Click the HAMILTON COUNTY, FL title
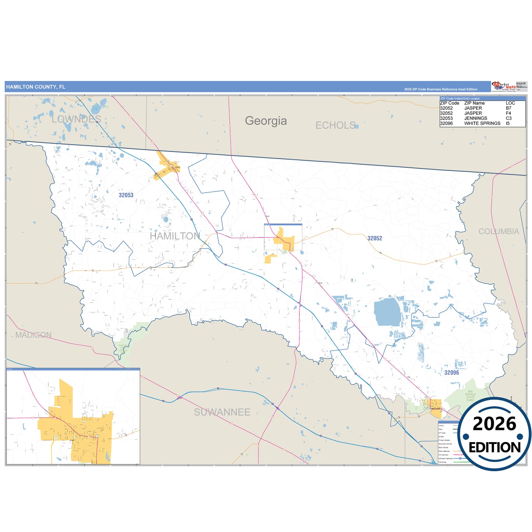36,87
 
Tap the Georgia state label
266,121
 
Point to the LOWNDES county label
76,119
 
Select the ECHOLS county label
335,126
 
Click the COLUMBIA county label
499,232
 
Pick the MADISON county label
34,335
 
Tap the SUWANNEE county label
222,412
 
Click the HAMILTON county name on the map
175,236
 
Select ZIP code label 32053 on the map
126,195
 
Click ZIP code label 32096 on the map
451,373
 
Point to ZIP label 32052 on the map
375,238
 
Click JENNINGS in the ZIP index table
476,118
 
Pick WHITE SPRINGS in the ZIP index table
482,123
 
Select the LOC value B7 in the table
508,108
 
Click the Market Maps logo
503,87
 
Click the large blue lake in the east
387,312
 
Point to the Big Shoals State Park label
470,396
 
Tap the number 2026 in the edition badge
494,424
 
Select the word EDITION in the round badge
494,447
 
